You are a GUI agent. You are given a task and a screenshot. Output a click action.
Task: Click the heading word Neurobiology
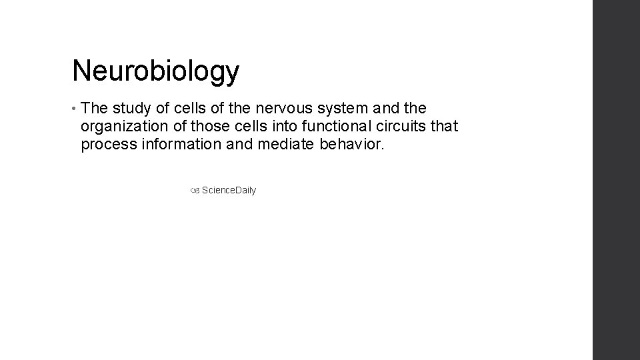(155, 71)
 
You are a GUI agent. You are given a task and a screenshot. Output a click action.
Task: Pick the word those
(208, 127)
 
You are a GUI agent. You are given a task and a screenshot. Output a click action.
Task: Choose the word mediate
(272, 145)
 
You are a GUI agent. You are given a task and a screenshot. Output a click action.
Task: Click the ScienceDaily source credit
(229, 191)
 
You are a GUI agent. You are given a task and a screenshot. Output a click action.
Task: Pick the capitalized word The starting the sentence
(95, 108)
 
